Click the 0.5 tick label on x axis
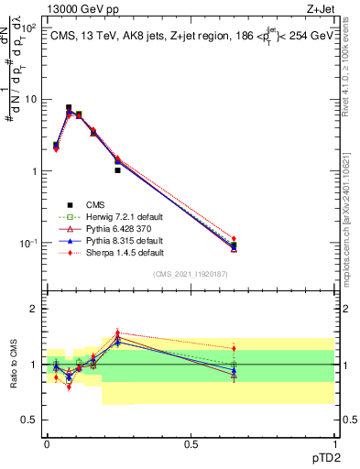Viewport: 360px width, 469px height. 191,446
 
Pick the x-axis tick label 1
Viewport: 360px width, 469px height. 334,446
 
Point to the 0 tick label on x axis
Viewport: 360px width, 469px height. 47,446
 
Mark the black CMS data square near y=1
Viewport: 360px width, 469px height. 117,170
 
